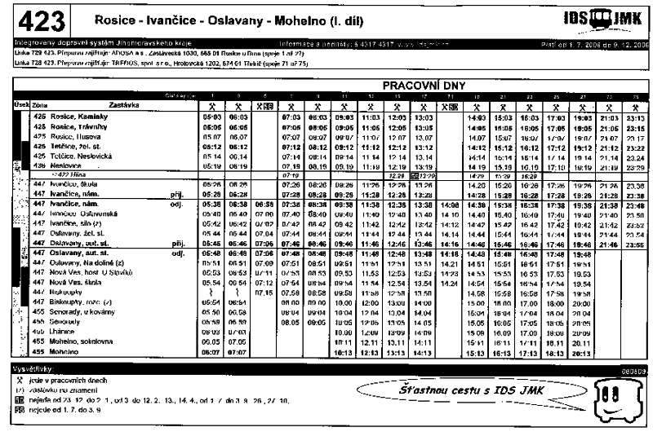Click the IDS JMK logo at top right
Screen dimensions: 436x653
602,18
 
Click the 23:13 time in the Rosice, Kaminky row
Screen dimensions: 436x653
633,117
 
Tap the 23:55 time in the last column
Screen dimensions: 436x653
633,244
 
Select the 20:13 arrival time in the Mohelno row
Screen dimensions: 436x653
582,353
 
